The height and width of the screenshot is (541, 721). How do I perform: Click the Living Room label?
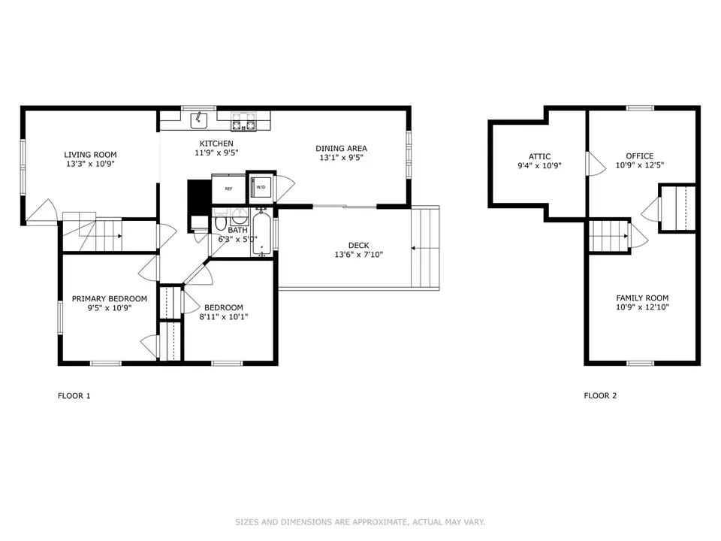click(x=90, y=155)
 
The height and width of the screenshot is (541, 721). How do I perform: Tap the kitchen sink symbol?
click(x=199, y=120)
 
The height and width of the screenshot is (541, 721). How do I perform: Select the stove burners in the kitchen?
click(x=243, y=122)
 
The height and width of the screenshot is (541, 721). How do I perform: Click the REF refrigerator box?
click(x=228, y=189)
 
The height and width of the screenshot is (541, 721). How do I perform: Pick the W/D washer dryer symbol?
click(x=261, y=187)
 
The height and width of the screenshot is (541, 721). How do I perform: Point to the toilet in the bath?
click(x=221, y=222)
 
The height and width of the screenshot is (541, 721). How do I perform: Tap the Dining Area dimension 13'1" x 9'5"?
click(x=341, y=158)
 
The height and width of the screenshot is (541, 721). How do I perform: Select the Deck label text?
click(x=359, y=246)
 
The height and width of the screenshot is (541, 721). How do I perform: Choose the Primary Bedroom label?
click(x=110, y=298)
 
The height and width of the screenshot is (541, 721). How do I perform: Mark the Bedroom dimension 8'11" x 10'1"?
click(x=224, y=316)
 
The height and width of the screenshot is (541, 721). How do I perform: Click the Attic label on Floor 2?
click(x=539, y=156)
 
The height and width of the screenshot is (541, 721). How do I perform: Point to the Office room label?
click(x=640, y=156)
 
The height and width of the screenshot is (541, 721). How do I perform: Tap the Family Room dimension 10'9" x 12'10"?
click(x=642, y=307)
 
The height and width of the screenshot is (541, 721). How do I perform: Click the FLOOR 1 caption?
click(x=74, y=396)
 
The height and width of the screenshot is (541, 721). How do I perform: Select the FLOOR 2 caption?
click(x=600, y=396)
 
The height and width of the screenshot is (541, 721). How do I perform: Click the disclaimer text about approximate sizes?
click(x=360, y=522)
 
